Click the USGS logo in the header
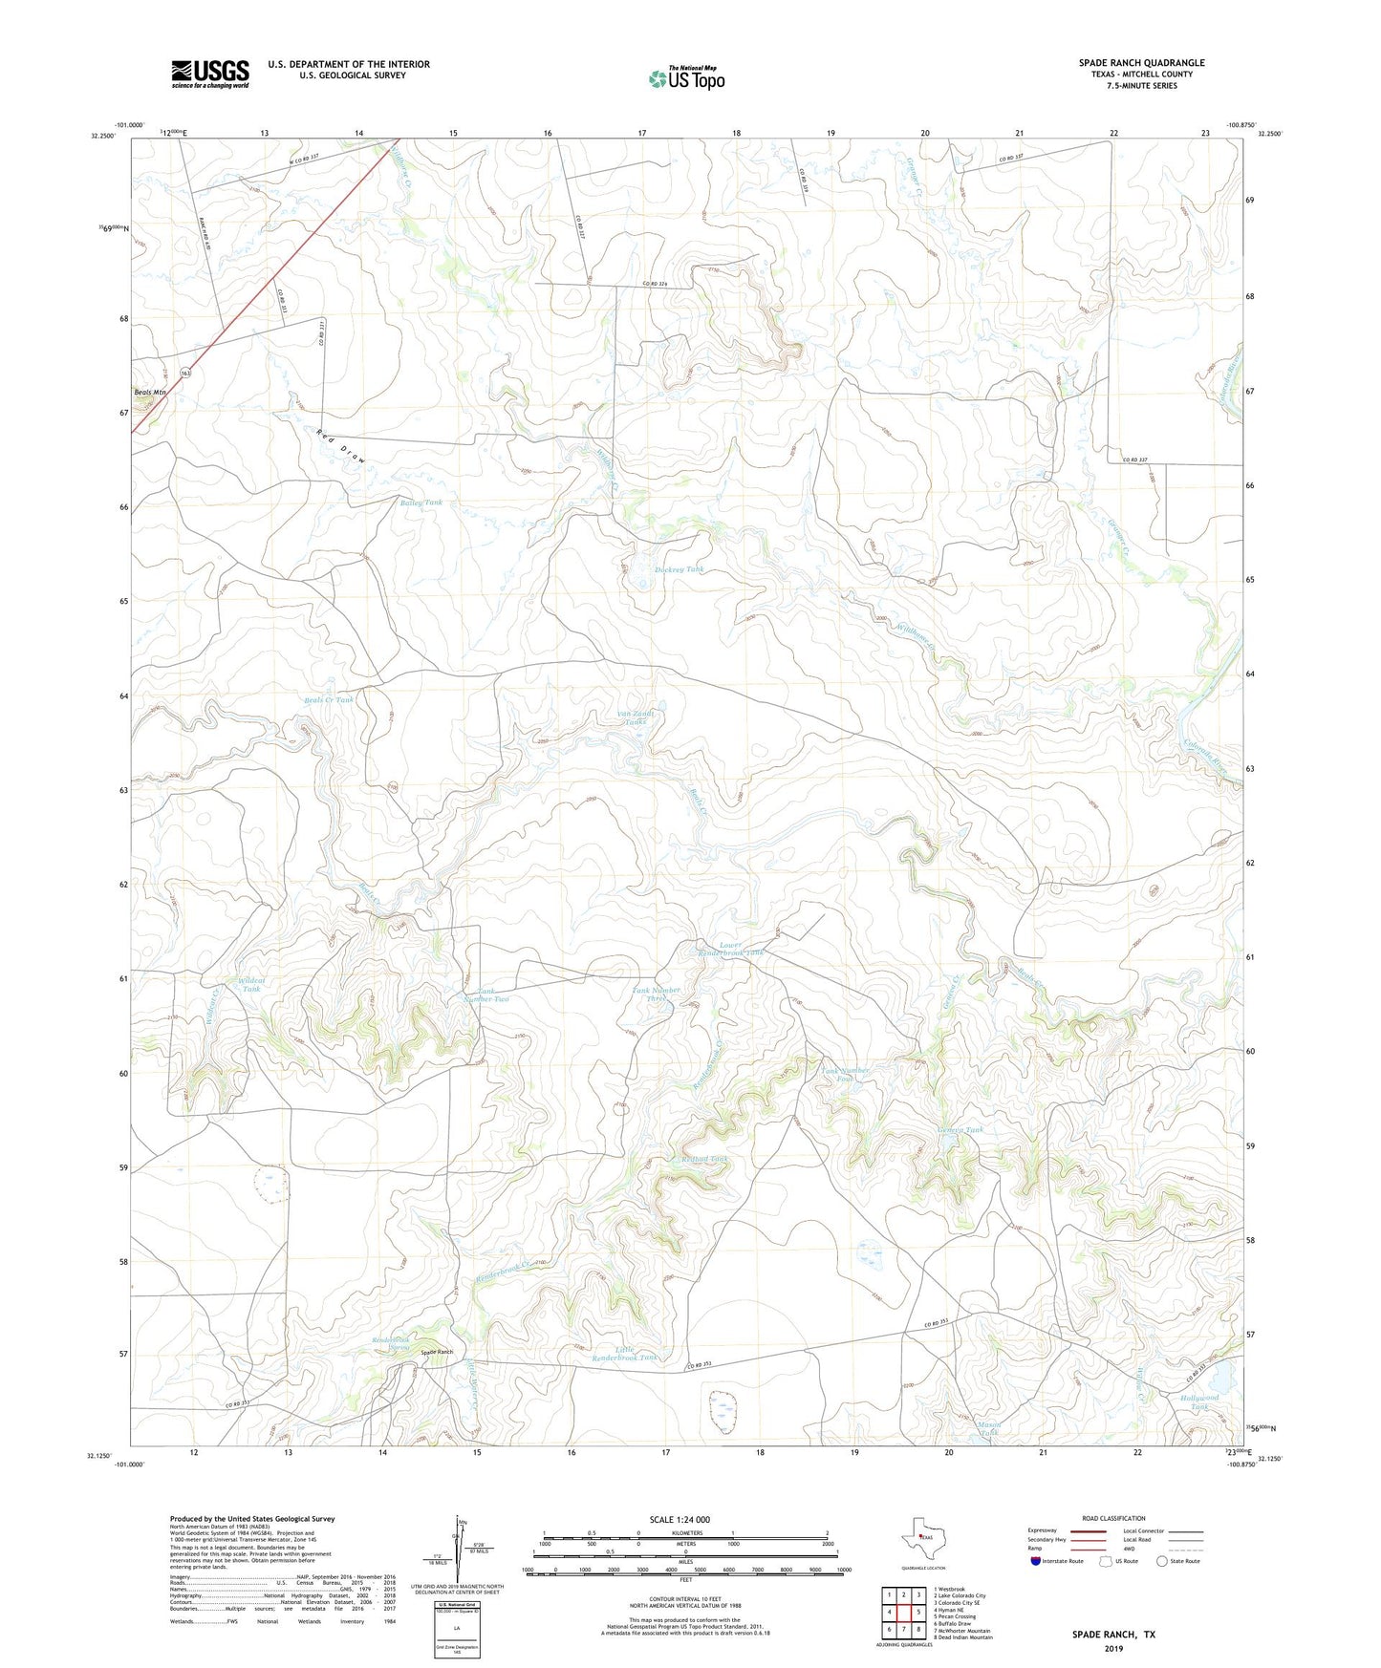pos(210,74)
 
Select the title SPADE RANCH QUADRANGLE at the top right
pos(1141,63)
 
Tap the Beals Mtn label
pos(150,393)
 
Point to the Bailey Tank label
pos(421,503)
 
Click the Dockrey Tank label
pos(679,569)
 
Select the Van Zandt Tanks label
pos(636,717)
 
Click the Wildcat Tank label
pos(250,985)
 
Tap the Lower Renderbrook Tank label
pos(730,949)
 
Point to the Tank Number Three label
pos(656,994)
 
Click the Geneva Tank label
pos(960,1130)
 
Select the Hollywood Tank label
pos(1198,1402)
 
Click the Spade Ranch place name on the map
pos(438,1352)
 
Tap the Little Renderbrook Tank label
pos(624,1354)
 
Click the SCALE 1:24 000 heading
pos(679,1519)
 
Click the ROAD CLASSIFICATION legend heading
pos(1113,1518)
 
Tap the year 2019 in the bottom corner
pos(1113,1649)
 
